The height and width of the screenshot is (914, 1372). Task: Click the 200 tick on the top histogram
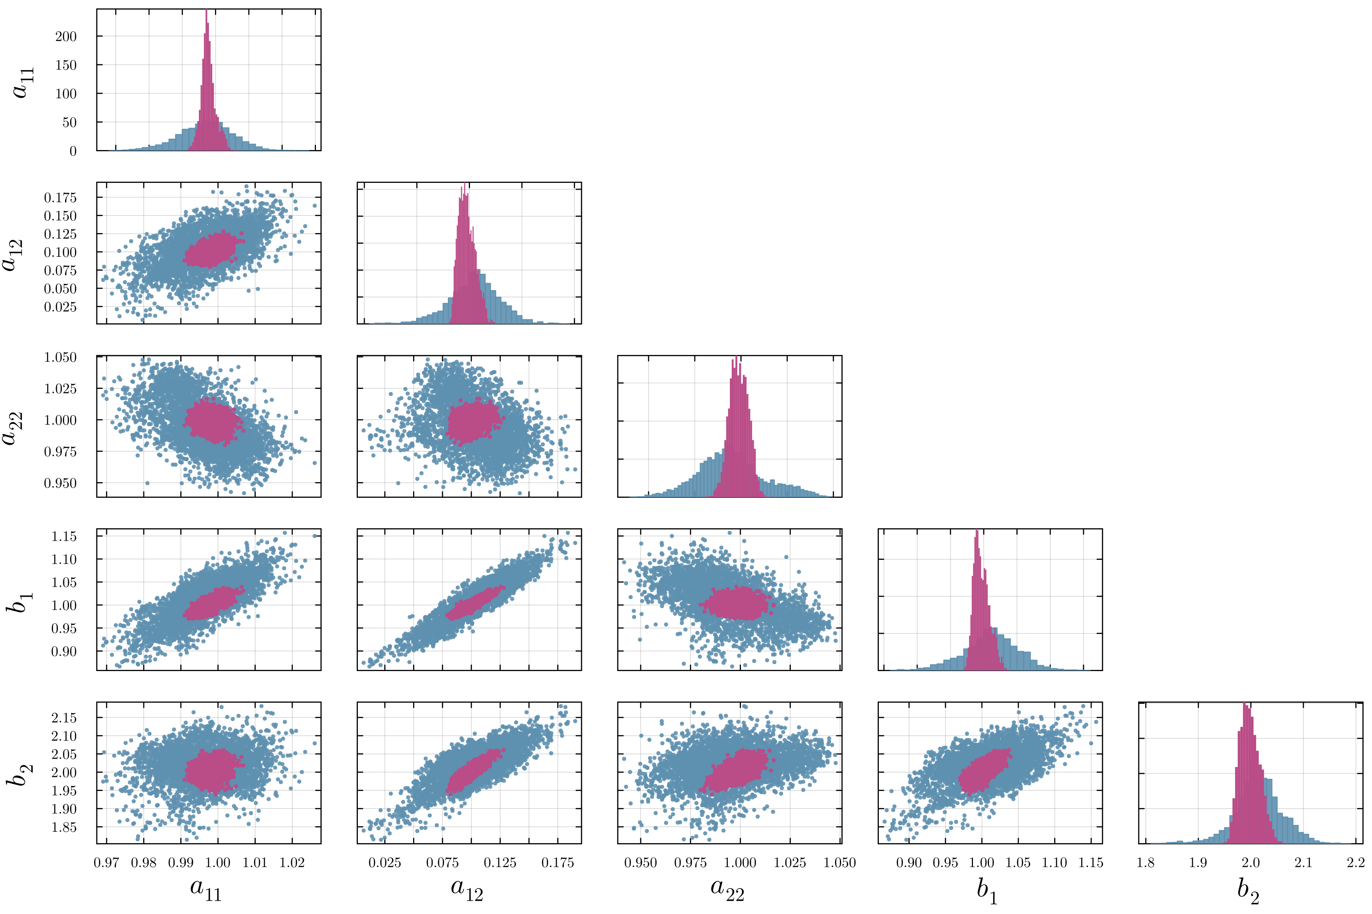pos(65,36)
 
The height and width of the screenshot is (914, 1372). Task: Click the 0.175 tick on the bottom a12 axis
pos(557,863)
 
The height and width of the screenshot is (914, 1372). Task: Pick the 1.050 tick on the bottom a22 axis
pos(840,863)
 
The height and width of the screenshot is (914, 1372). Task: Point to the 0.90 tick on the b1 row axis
pos(64,652)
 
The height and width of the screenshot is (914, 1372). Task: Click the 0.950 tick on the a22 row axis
pos(60,483)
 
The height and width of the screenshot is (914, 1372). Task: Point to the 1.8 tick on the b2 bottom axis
pos(1146,863)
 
